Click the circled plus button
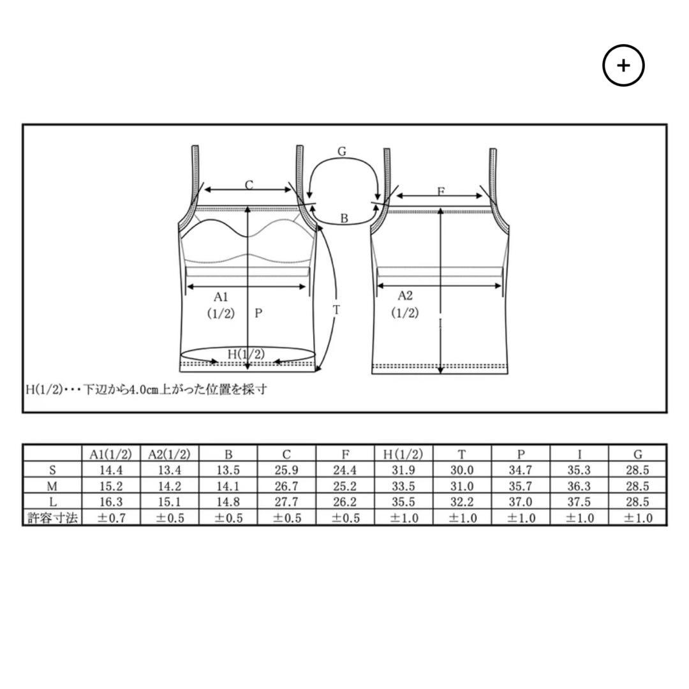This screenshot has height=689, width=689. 623,65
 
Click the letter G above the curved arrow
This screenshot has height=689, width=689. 342,151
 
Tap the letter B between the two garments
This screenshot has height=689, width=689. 344,218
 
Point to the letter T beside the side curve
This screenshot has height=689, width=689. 336,310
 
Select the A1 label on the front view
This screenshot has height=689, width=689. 221,297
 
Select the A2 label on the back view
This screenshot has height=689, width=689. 404,296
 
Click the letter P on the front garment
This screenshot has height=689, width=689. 258,313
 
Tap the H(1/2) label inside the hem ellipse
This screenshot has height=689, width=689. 246,353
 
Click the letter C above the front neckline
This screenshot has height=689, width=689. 249,185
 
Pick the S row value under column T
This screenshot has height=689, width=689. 462,470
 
